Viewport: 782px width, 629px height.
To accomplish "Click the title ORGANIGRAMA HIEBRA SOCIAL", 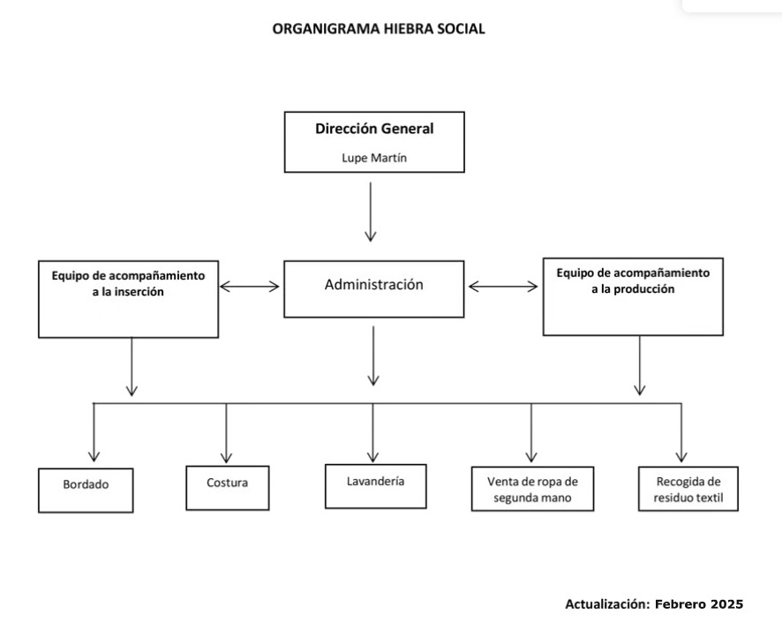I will pos(379,29).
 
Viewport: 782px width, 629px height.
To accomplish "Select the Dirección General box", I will pos(374,141).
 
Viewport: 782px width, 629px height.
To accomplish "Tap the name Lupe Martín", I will pos(374,158).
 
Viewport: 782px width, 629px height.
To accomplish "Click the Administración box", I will pos(373,288).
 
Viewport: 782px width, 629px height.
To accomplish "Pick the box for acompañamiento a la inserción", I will pos(128,299).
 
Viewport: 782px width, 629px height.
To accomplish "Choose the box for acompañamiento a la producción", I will pos(632,296).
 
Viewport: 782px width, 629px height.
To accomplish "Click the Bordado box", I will pos(86,490).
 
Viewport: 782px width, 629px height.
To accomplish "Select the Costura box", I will pos(227,487).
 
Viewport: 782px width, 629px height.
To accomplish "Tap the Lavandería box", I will pos(374,485).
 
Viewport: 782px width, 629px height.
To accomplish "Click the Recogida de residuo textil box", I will pos(688,488).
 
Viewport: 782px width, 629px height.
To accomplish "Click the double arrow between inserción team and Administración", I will pos(250,286).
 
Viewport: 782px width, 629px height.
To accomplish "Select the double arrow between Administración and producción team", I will pos(503,286).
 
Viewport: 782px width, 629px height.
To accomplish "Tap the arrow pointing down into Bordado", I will pos(94,432).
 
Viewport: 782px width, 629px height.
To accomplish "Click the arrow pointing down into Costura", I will pos(226,432).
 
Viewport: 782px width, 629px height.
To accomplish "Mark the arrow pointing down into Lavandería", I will pos(372,432).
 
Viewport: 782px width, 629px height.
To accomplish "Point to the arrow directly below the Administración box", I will pos(373,355).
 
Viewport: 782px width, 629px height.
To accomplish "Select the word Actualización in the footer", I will pos(606,604).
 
